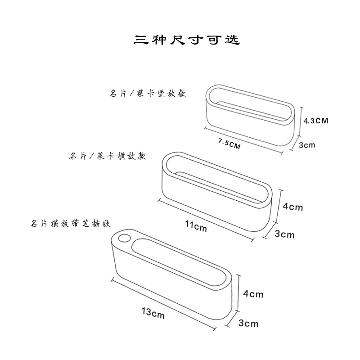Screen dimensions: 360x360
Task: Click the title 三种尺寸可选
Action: tap(187, 40)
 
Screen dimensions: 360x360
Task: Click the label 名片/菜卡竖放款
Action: tap(148, 94)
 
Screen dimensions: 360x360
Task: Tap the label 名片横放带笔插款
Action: tap(70, 223)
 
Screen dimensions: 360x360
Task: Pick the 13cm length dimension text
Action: tap(153, 312)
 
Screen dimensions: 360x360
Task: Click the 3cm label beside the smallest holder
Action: tap(307, 144)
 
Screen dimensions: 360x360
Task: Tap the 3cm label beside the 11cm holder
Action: tap(284, 234)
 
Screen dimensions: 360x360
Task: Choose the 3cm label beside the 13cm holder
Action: tap(248, 323)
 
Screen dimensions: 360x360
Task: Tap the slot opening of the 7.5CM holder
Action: tap(250, 103)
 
